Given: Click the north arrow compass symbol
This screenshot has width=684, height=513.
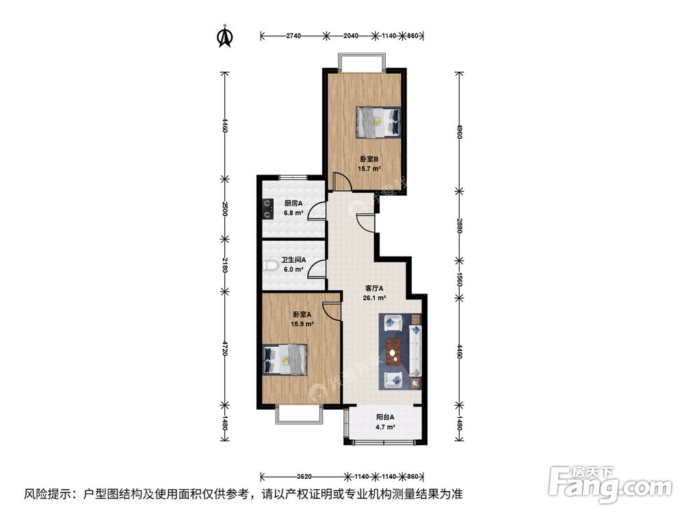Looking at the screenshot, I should (x=224, y=37).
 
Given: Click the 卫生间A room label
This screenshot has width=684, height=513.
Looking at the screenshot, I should (x=294, y=261).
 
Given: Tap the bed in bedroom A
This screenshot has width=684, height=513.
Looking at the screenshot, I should (x=285, y=359).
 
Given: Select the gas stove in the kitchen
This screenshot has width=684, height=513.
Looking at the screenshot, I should (x=265, y=207).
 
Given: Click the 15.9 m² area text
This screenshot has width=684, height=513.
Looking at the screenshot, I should (x=301, y=324).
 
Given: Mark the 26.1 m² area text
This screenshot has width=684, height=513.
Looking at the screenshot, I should (x=375, y=298).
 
